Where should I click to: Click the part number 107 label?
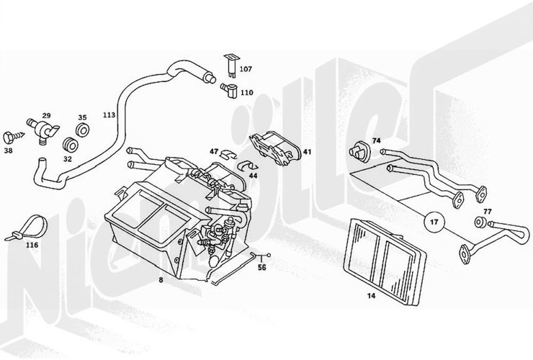pos(246,70)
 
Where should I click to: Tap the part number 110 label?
pos(246,92)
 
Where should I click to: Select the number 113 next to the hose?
pos(109,115)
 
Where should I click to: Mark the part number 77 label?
pos(487,212)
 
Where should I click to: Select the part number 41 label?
pos(307,152)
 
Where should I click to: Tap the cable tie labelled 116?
pos(27,226)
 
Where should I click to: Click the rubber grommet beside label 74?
pos(357,151)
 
